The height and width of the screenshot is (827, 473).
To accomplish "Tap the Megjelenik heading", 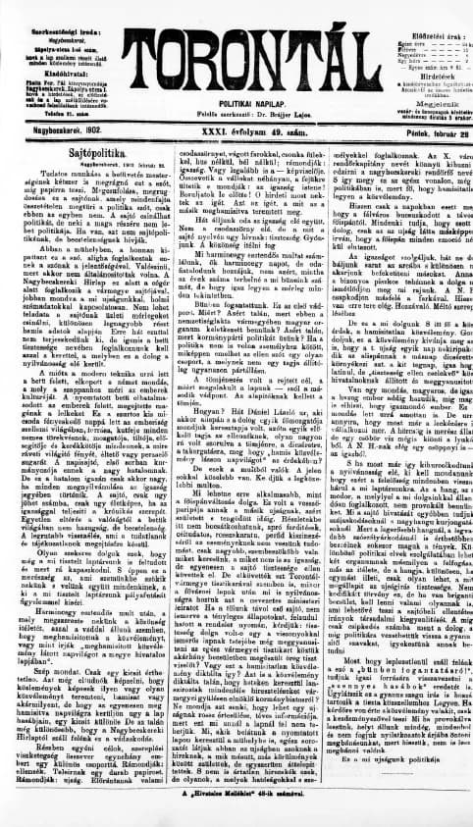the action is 417,100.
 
